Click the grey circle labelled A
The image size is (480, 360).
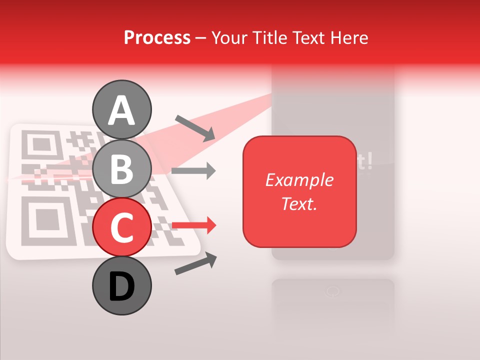coord(122,109)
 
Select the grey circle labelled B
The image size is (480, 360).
coord(122,168)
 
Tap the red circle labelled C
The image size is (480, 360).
coord(122,227)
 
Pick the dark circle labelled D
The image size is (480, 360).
coord(122,286)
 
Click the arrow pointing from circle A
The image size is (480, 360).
coord(195,128)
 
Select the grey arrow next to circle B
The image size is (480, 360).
coord(193,171)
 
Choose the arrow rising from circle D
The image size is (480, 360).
coord(195,264)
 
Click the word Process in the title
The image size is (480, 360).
coord(157,37)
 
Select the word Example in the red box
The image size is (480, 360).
coord(299,180)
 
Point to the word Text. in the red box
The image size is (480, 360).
coord(299,203)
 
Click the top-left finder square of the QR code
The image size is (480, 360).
coord(40,145)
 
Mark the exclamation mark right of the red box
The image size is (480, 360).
coord(369,162)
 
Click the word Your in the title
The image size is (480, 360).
coord(229,37)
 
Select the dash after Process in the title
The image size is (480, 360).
coord(200,38)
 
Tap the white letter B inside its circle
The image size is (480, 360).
coord(122,168)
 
